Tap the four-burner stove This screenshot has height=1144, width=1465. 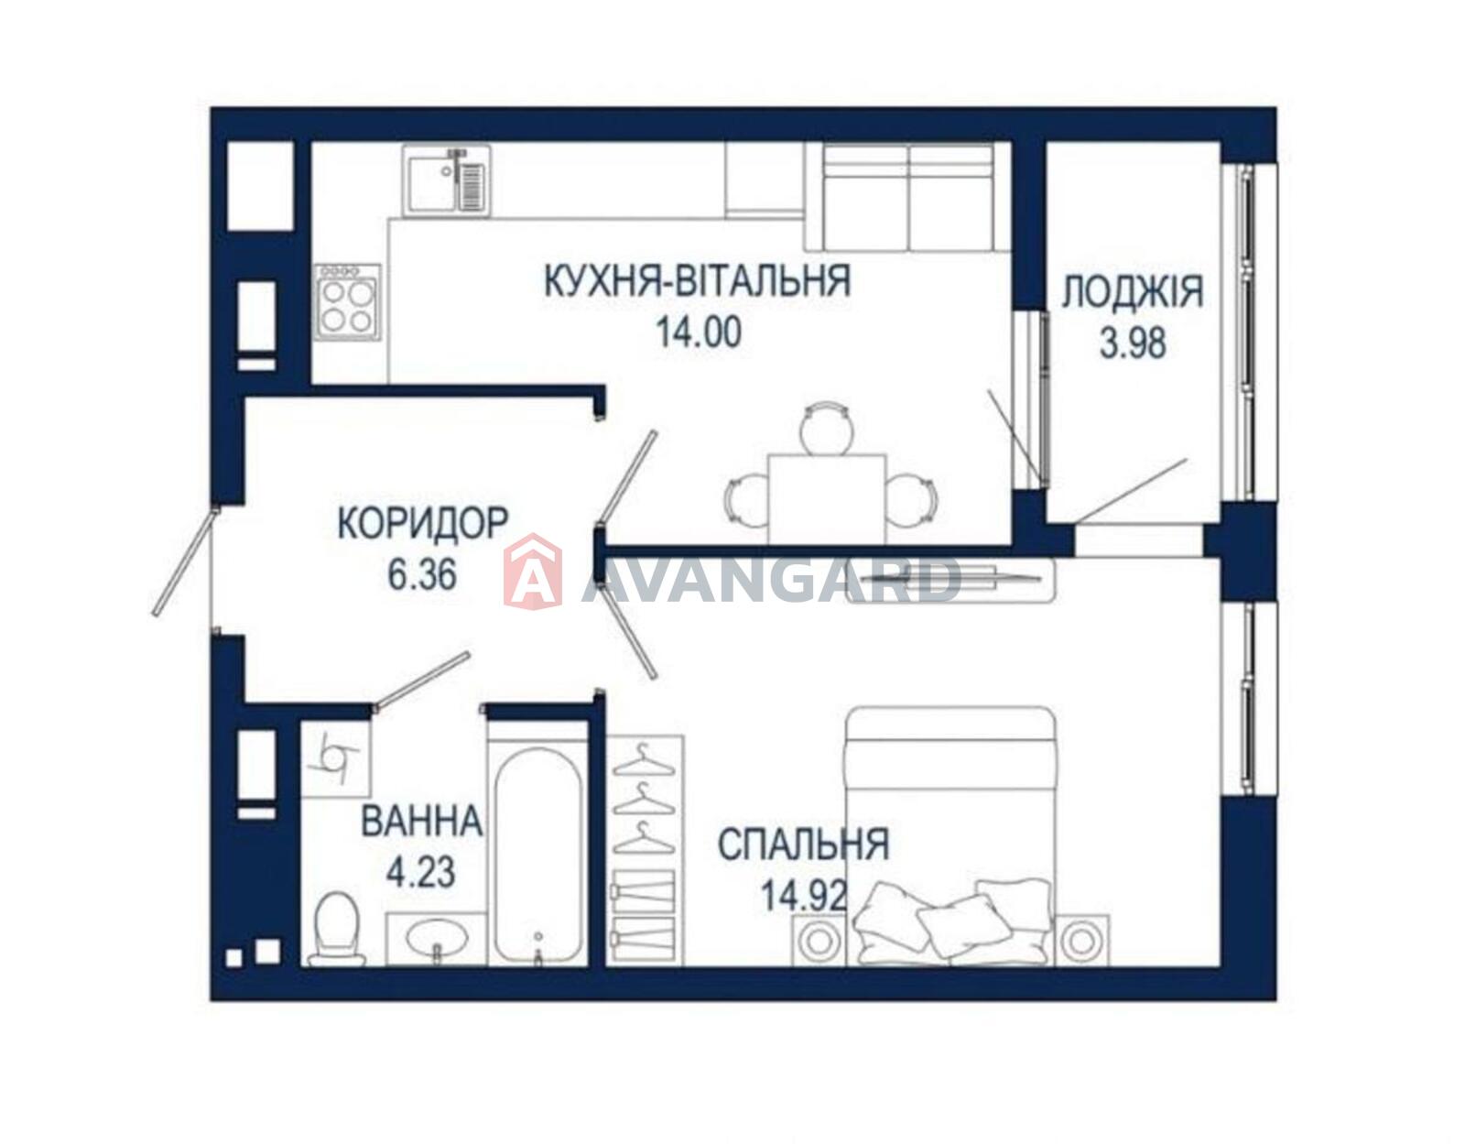(347, 302)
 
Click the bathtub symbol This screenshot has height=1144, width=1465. (537, 856)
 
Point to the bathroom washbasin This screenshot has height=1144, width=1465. (437, 939)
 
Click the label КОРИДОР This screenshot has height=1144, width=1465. (422, 524)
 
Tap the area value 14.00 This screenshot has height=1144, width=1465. (700, 333)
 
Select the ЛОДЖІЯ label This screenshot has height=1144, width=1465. (1133, 292)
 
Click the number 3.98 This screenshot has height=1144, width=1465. (1133, 343)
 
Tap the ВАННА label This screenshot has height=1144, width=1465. (422, 821)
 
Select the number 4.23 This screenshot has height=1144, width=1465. (420, 872)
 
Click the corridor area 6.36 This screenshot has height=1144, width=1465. (423, 575)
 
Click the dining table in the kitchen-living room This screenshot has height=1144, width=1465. (827, 499)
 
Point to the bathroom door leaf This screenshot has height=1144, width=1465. (422, 681)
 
